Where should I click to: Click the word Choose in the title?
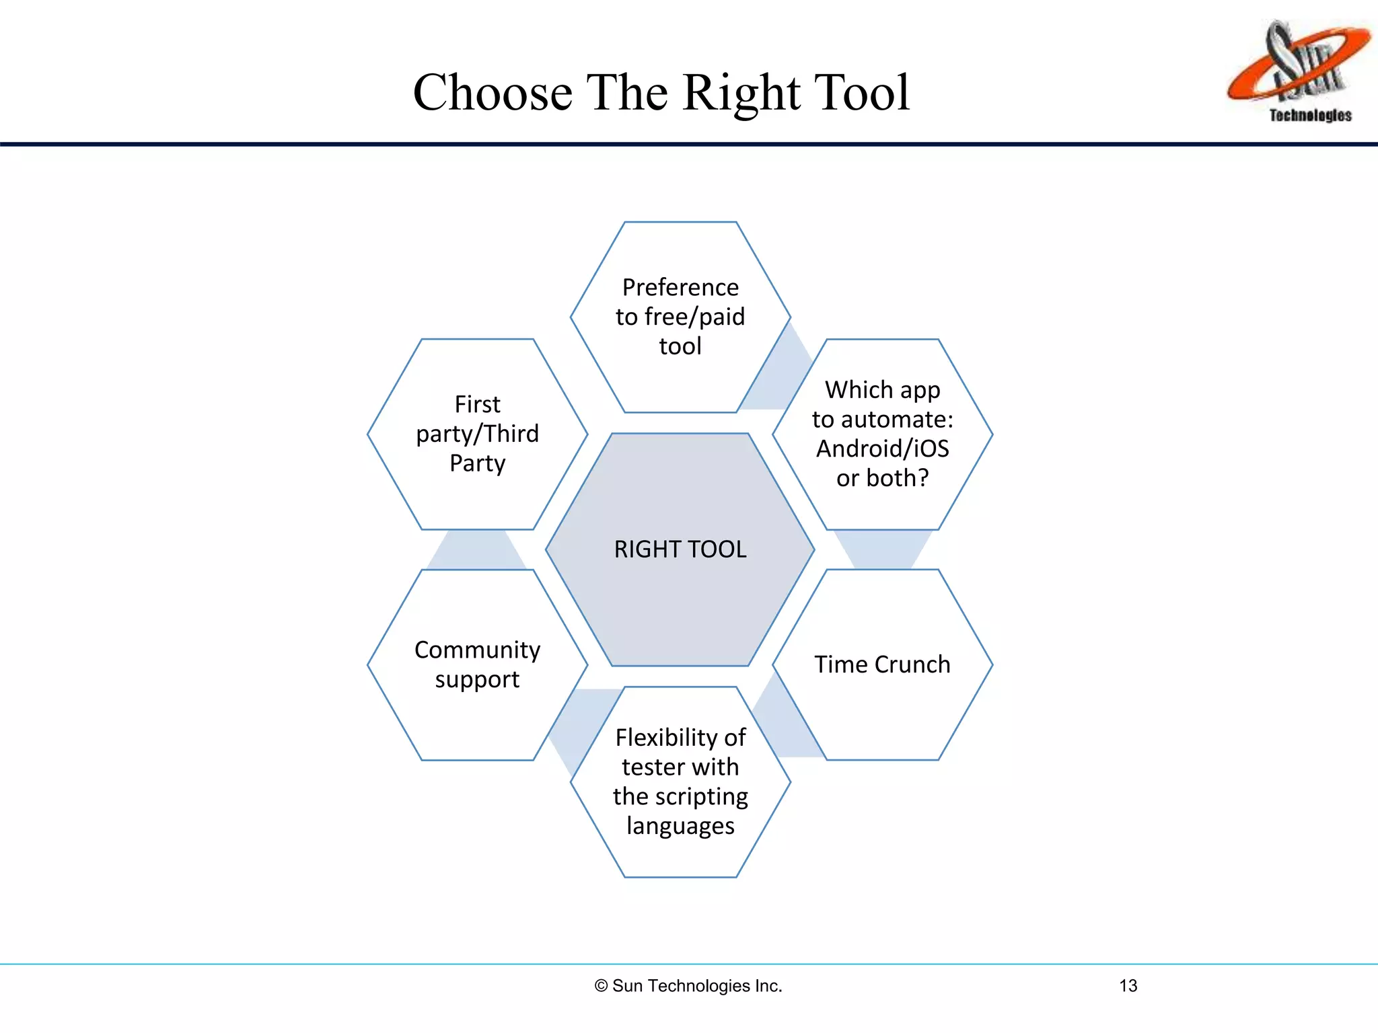tap(492, 93)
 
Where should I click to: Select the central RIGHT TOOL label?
tap(680, 549)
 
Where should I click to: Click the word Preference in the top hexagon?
tap(680, 287)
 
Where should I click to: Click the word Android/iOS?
tap(882, 449)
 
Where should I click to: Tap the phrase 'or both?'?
tap(882, 478)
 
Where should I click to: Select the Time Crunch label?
tap(882, 664)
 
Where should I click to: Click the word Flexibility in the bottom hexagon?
tap(666, 738)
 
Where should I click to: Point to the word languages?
tap(680, 826)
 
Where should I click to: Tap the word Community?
tap(477, 650)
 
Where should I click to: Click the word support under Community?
tap(477, 680)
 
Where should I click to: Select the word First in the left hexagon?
tap(477, 404)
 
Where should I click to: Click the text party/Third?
tap(477, 434)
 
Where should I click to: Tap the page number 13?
tap(1128, 986)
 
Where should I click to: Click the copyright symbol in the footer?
tap(601, 986)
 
